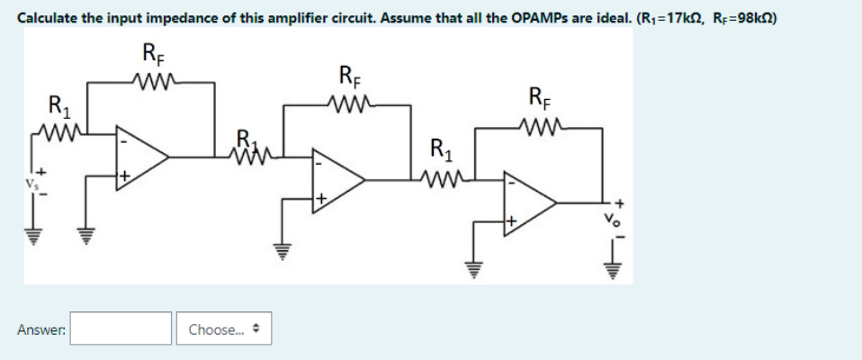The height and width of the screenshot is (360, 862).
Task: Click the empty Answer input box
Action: click(x=121, y=328)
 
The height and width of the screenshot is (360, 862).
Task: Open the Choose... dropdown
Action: click(x=223, y=329)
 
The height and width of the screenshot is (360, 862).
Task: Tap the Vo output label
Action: click(x=617, y=213)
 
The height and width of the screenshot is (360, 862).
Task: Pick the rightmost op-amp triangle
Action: click(x=530, y=206)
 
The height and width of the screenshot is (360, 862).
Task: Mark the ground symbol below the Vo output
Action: click(x=616, y=267)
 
